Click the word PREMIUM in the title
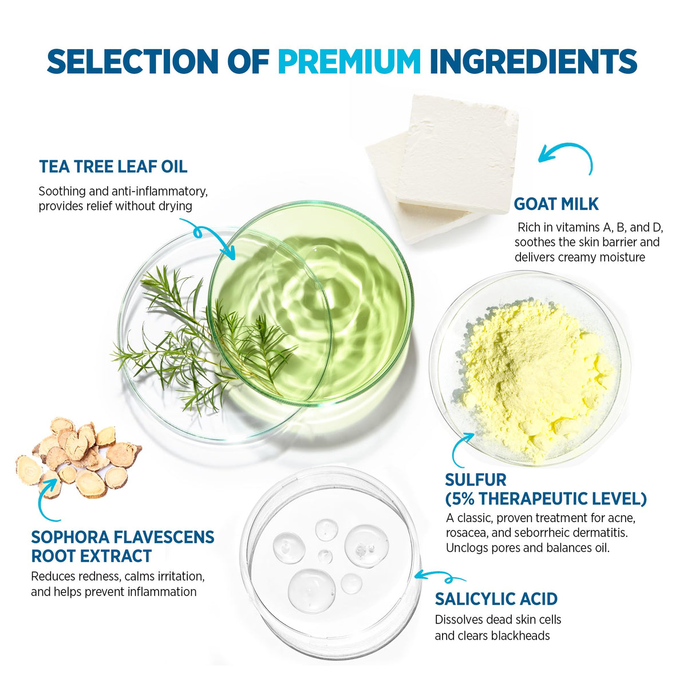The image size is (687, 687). [349, 61]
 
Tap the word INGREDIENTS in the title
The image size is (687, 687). [534, 61]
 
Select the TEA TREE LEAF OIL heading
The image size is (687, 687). [113, 167]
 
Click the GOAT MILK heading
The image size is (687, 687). [556, 204]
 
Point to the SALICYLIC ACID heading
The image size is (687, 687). [496, 599]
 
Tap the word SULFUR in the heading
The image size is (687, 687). [476, 480]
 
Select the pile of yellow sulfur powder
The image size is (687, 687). [535, 380]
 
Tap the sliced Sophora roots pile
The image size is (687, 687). [78, 457]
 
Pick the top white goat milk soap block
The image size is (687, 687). [458, 153]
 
